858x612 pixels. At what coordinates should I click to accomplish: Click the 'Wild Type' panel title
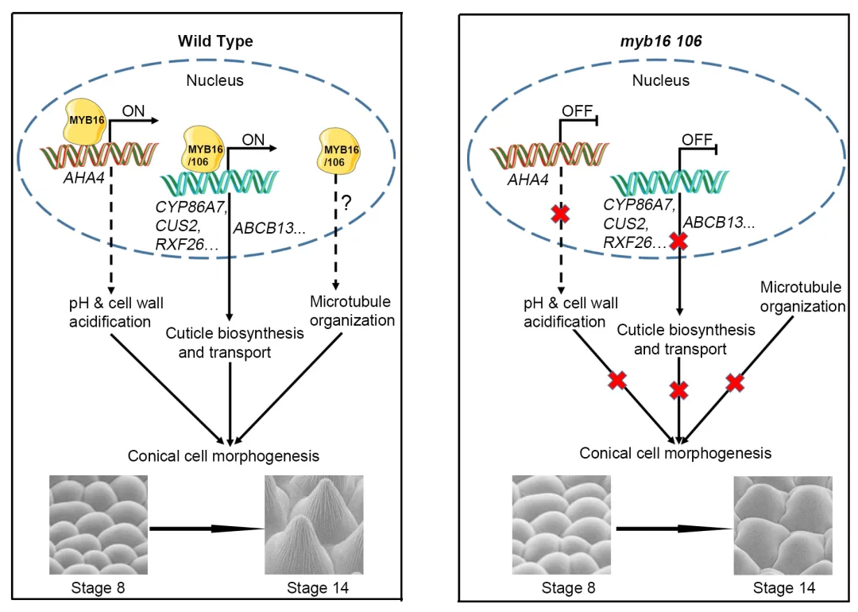coord(215,41)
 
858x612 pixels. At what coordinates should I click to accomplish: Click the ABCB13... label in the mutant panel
coord(719,223)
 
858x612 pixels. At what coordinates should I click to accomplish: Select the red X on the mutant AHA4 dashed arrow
coord(562,214)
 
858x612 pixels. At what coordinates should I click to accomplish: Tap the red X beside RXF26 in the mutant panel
coord(678,242)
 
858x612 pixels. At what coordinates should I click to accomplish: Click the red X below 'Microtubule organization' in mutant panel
coord(736,383)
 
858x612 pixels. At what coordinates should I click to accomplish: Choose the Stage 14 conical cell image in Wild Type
coord(314,525)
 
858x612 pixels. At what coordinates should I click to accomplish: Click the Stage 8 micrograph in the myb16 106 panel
coord(562,525)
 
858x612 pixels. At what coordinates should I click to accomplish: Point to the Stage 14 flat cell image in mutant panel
coord(783,525)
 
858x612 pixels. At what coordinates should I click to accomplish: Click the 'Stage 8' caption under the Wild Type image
coord(99,589)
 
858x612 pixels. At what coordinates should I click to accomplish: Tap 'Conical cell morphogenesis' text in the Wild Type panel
coord(224,456)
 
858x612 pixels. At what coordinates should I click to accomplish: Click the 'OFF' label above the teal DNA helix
coord(698,140)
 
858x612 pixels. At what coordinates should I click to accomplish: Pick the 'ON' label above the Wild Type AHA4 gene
coord(133,112)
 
